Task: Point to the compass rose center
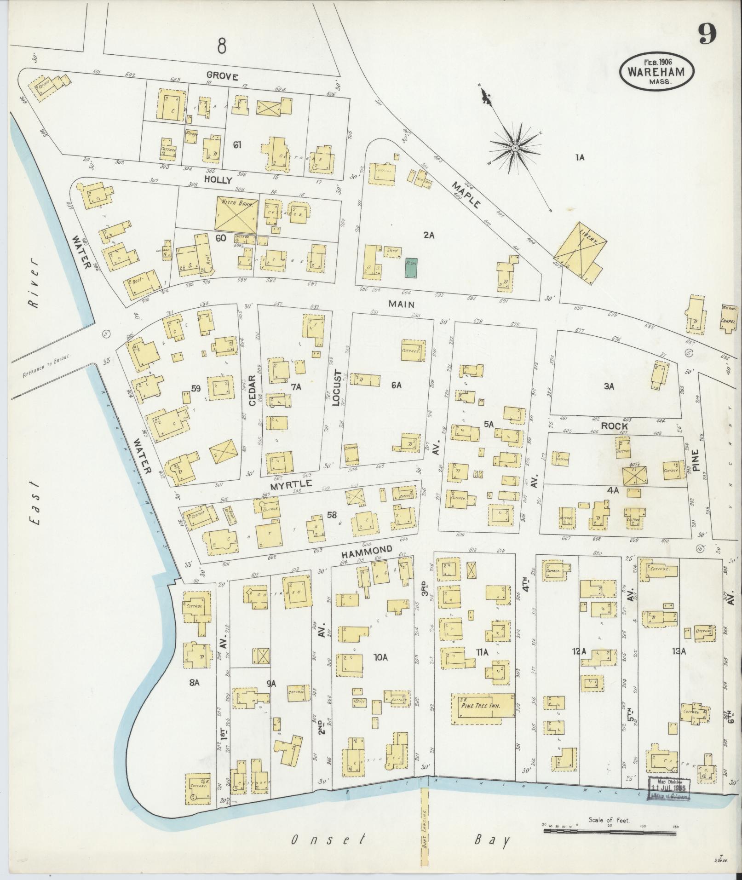coord(516,148)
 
